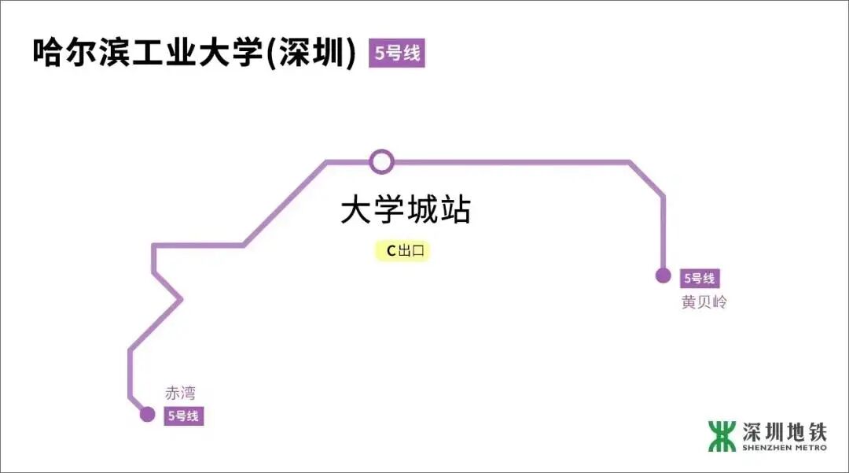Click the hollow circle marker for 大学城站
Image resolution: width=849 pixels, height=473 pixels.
click(x=381, y=162)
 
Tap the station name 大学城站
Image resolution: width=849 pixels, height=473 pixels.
click(x=405, y=211)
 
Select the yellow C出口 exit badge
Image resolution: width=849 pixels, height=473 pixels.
click(x=403, y=251)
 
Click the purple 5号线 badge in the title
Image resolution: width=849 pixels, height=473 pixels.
click(x=396, y=54)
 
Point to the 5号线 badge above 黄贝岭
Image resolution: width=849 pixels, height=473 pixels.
click(x=699, y=278)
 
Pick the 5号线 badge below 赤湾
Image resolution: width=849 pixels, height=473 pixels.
click(x=183, y=416)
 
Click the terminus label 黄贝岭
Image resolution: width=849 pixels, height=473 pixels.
click(x=704, y=302)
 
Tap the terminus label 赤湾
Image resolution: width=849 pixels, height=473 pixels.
click(x=179, y=394)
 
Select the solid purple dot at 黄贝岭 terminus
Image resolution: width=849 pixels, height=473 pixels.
click(x=663, y=275)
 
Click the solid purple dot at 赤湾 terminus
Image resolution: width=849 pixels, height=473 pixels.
click(x=147, y=415)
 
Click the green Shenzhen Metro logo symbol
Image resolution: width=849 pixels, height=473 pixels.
click(x=722, y=436)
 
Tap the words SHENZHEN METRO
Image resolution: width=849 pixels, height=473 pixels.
click(x=784, y=449)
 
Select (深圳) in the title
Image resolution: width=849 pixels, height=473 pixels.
click(x=312, y=53)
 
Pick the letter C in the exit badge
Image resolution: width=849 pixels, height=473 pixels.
click(x=390, y=252)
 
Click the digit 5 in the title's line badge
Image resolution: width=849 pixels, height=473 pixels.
click(x=380, y=54)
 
